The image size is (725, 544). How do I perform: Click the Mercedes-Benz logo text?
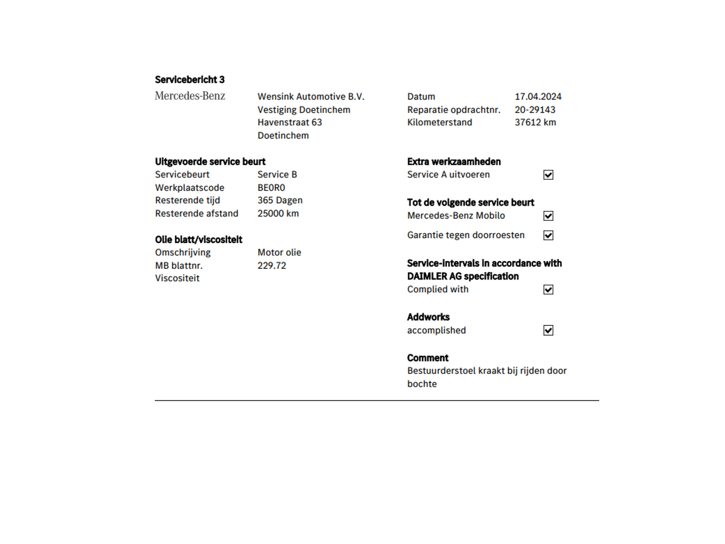click(190, 96)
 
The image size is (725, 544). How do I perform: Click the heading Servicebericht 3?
click(190, 80)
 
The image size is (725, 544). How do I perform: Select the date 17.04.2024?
click(538, 97)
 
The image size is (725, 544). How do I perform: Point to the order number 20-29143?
click(535, 110)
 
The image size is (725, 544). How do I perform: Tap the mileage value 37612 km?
click(535, 122)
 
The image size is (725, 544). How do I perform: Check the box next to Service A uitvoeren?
click(548, 175)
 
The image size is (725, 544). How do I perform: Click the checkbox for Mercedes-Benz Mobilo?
click(548, 216)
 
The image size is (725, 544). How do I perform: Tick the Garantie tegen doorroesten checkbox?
click(548, 235)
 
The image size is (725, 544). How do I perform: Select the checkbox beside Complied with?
click(548, 290)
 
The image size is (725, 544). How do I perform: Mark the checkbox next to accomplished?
click(548, 331)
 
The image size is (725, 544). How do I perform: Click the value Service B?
click(277, 175)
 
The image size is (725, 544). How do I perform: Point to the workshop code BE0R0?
click(271, 188)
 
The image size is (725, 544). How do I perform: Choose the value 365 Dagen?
click(280, 200)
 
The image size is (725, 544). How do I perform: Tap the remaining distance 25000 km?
click(278, 213)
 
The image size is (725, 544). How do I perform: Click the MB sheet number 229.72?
click(271, 266)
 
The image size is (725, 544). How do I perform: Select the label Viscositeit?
click(177, 278)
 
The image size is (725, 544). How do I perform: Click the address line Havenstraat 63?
click(290, 122)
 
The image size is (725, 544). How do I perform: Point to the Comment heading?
click(427, 358)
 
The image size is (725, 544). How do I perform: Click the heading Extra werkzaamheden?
click(454, 162)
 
